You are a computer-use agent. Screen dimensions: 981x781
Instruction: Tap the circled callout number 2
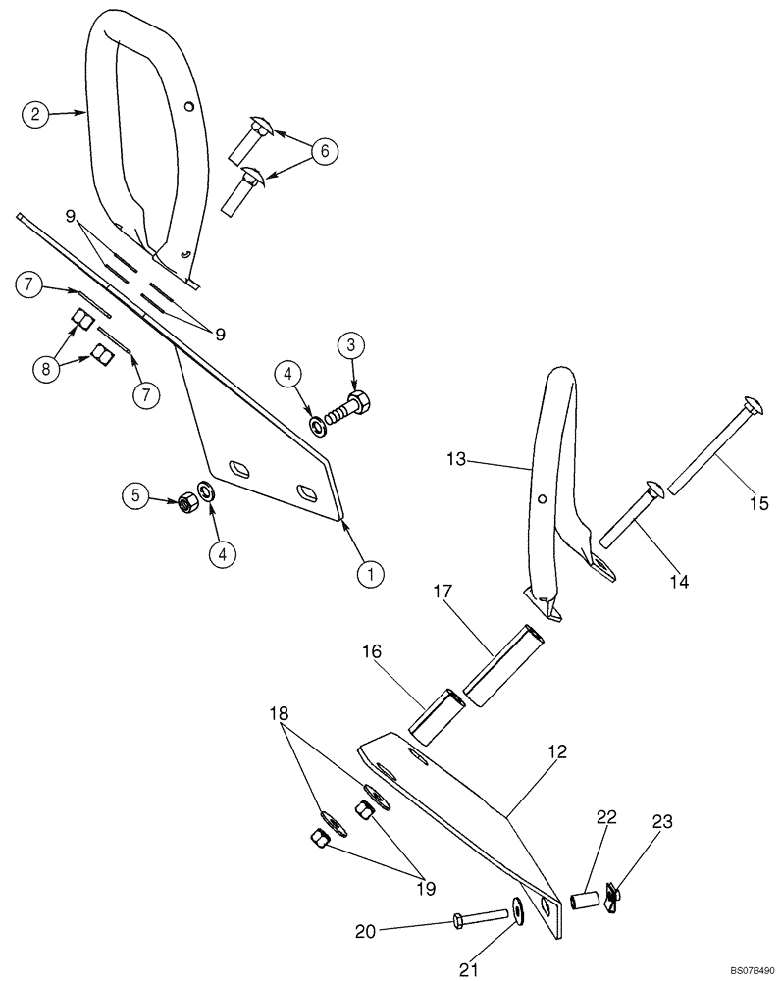pyautogui.click(x=35, y=114)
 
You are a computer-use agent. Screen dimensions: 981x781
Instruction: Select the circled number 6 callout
pyautogui.click(x=326, y=151)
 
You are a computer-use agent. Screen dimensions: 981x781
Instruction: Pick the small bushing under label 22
pyautogui.click(x=587, y=900)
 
